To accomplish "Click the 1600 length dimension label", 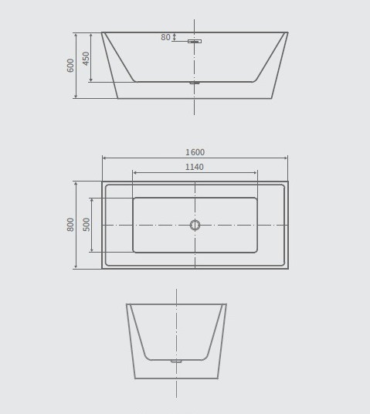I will [195, 153].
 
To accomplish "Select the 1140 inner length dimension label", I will [195, 168].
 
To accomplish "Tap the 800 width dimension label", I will [71, 224].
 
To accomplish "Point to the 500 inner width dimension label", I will [87, 224].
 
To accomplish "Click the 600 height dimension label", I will [71, 65].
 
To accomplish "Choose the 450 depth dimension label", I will [87, 58].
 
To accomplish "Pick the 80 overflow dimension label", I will [165, 37].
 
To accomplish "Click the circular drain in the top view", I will [195, 225].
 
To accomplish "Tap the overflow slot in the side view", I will [195, 41].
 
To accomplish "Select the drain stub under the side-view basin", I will [195, 83].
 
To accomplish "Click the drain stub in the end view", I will [176, 361].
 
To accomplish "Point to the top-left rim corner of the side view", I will [102, 32].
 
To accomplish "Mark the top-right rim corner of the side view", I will [287, 32].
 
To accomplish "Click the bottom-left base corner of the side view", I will [118, 98].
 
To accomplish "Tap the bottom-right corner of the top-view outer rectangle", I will [287, 268].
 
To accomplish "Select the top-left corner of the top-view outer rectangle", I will [102, 182].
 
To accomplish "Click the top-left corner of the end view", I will [127, 304].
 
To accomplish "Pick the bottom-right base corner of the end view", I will [218, 378].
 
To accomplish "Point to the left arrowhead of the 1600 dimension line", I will [104, 158].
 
